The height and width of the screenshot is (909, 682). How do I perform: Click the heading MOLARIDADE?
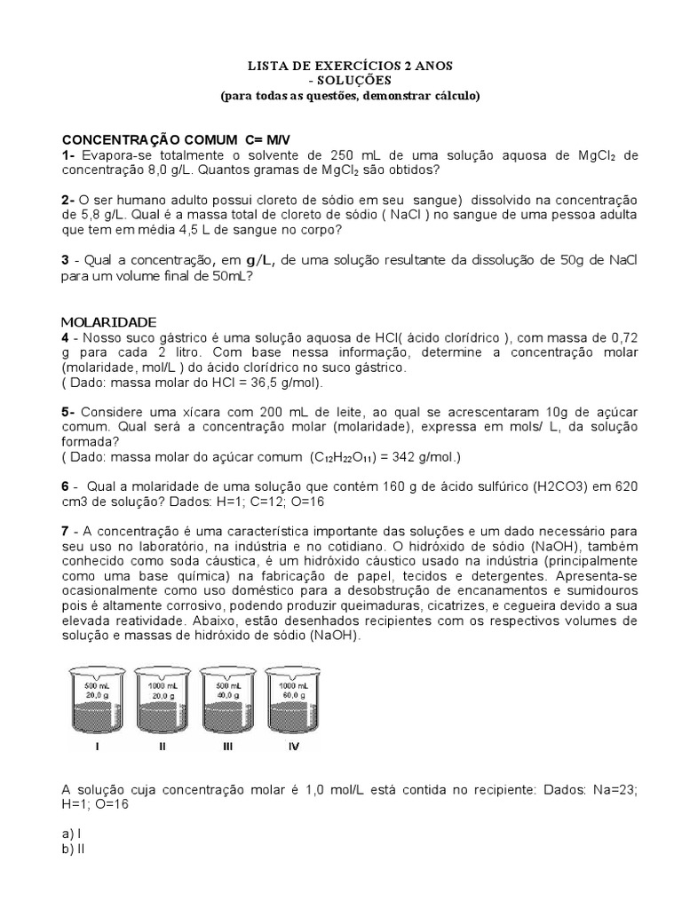108,321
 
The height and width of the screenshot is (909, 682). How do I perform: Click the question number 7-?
68,531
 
